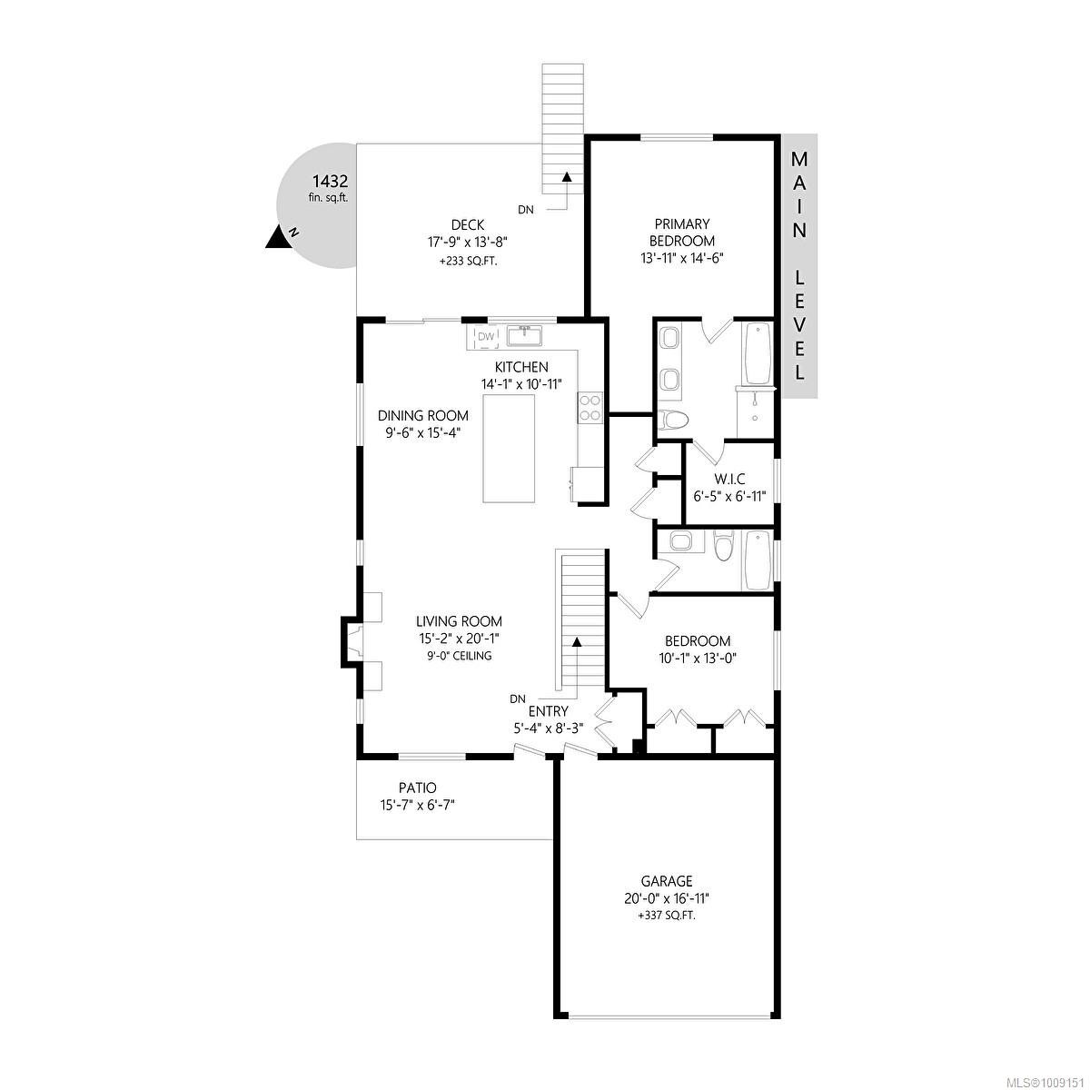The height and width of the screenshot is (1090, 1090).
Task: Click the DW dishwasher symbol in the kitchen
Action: (x=486, y=337)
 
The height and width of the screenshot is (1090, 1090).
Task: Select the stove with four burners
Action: (x=589, y=407)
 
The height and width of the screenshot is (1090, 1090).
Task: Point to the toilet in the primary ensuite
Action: (x=672, y=421)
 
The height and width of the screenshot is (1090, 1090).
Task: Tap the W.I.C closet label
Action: (x=728, y=478)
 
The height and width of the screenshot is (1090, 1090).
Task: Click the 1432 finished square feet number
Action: (x=330, y=181)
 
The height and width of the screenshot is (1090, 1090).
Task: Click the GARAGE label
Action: (x=667, y=880)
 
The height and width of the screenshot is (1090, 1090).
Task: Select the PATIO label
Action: (x=417, y=788)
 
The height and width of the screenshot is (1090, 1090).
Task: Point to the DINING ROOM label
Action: (x=423, y=416)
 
